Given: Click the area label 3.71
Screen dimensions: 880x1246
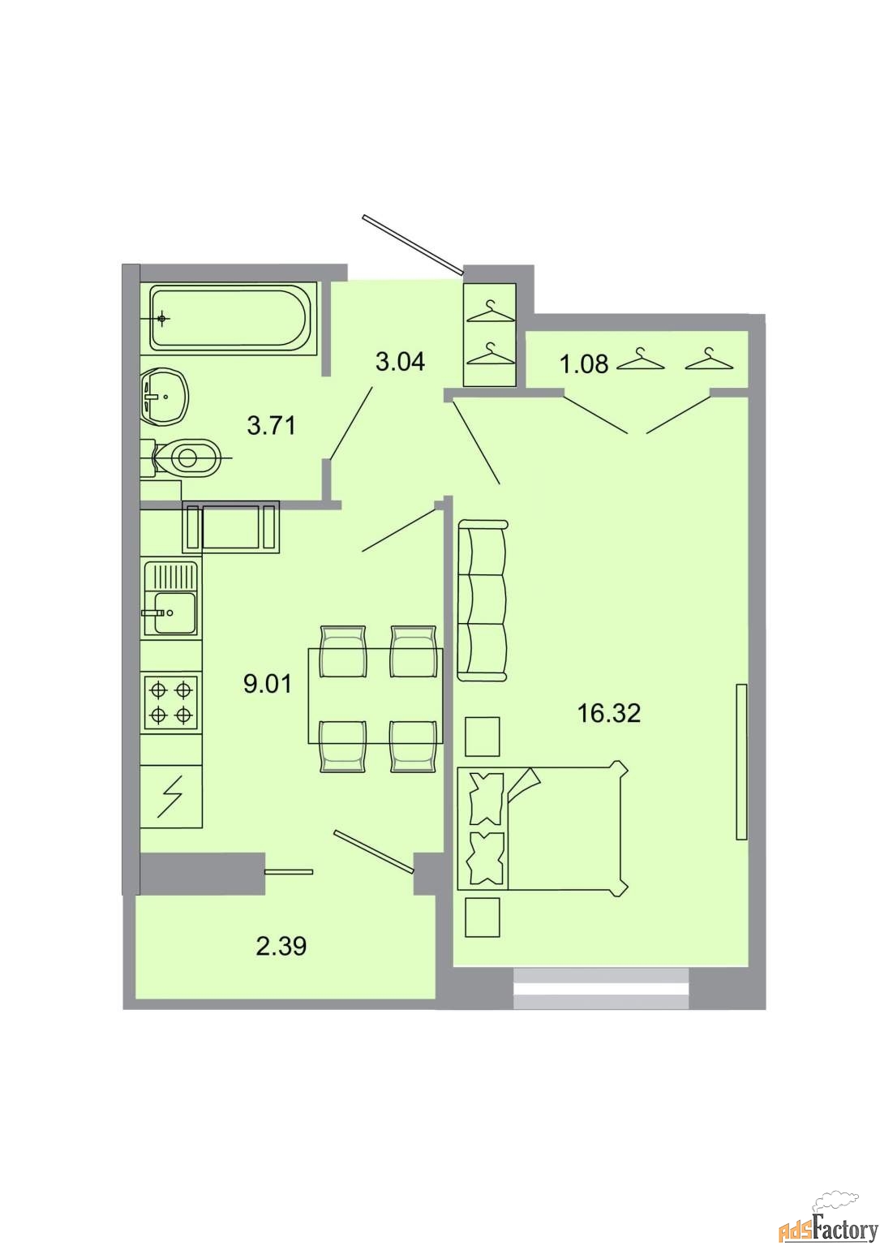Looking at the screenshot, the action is click(271, 426).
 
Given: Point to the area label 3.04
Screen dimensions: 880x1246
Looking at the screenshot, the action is click(400, 362).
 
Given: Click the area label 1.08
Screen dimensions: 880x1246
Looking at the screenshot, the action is click(585, 364).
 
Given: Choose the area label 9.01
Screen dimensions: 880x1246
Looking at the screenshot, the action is click(267, 684).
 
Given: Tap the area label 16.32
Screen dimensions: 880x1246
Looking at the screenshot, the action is click(609, 713).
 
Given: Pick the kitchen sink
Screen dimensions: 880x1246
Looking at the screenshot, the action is click(171, 598).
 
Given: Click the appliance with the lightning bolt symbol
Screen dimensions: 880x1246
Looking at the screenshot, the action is click(171, 797).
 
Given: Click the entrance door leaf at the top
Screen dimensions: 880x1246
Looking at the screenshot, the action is click(412, 245).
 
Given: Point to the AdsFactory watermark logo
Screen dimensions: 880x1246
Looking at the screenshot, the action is click(826, 1222).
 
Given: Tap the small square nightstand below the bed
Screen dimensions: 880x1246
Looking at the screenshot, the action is click(483, 917).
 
